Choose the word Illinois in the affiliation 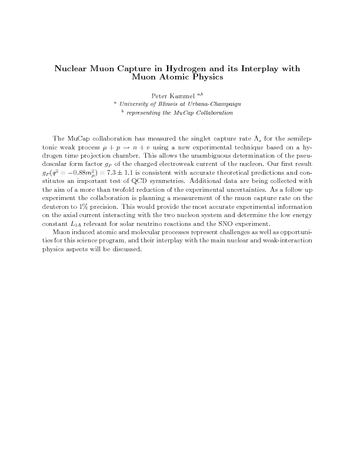pyautogui.click(x=164, y=104)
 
